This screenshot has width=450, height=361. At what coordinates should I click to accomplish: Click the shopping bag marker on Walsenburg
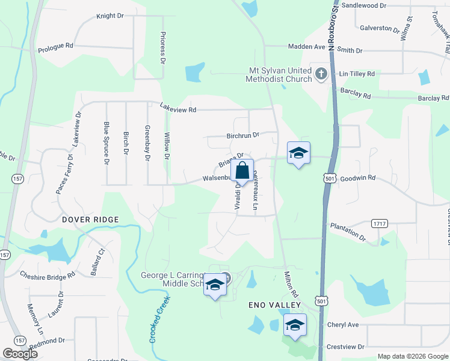(242, 170)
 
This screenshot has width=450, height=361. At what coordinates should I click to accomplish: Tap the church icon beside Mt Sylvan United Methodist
(321, 75)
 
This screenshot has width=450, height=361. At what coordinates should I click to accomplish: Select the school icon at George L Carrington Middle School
(214, 285)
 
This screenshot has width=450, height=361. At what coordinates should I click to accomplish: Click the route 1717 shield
(380, 223)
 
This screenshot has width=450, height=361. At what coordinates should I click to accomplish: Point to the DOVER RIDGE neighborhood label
(90, 220)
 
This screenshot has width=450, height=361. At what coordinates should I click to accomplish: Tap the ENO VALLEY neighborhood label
(274, 305)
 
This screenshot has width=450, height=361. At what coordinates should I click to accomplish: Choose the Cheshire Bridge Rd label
(47, 275)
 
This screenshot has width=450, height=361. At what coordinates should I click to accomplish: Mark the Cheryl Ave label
(343, 324)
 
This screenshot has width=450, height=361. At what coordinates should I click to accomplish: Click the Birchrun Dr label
(242, 135)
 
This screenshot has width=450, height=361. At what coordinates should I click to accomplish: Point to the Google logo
(19, 354)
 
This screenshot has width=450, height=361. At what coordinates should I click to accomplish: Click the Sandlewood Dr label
(363, 5)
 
